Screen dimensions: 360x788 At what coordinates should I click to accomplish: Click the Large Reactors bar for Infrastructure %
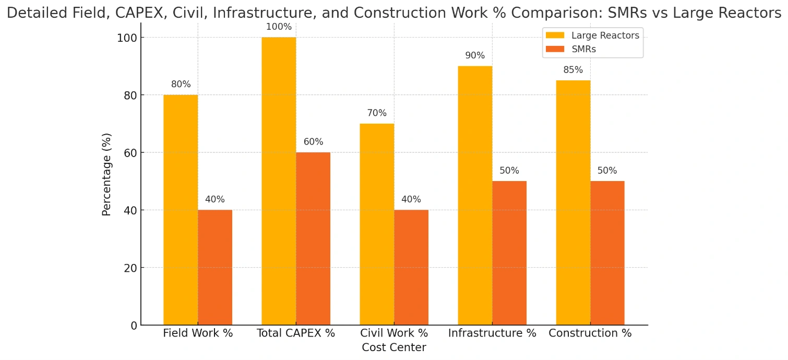[x=475, y=196]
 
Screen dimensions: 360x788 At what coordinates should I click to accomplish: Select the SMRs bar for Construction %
[x=607, y=253]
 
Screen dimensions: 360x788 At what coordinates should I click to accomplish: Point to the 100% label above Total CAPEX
[x=279, y=27]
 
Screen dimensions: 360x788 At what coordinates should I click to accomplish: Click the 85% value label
[x=573, y=70]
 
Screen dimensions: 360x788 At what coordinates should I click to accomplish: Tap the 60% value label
[x=313, y=142]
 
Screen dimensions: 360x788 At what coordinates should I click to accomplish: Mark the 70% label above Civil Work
[x=377, y=113]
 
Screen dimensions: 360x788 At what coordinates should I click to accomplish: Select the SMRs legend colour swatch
[x=555, y=49]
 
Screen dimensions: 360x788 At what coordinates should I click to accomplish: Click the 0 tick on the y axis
[x=134, y=326]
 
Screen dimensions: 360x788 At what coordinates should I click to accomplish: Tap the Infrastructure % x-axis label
[x=492, y=333]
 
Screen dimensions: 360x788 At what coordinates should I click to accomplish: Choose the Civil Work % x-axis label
[x=394, y=333]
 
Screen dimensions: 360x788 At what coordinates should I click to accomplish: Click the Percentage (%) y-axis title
[x=107, y=174]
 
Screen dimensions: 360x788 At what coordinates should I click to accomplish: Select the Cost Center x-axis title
[x=394, y=347]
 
